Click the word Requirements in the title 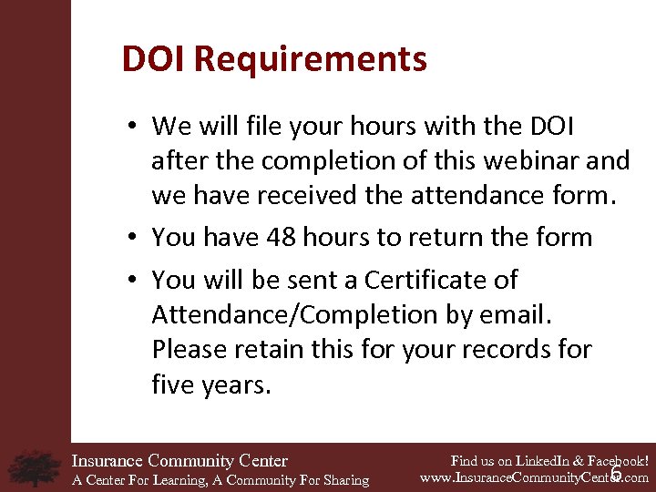pyautogui.click(x=310, y=59)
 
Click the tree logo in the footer pyautogui.click(x=35, y=467)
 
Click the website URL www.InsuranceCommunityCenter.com pyautogui.click(x=534, y=477)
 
